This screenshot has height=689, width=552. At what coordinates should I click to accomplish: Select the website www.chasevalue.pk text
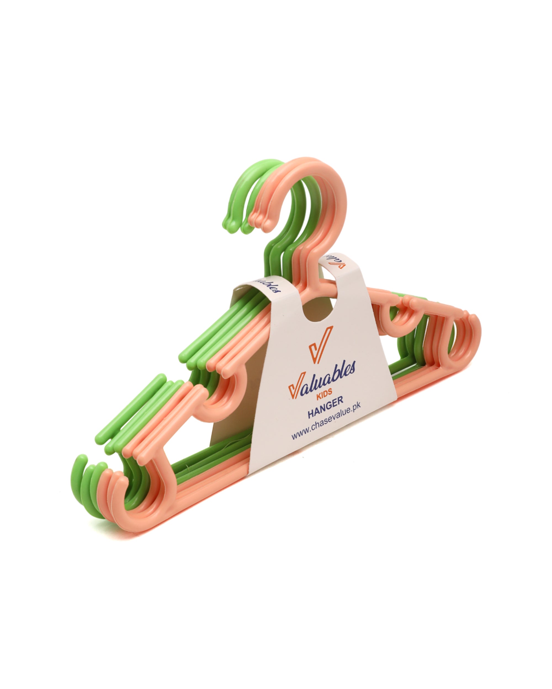click(326, 421)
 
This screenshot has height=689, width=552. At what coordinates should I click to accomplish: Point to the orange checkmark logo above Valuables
click(320, 344)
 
